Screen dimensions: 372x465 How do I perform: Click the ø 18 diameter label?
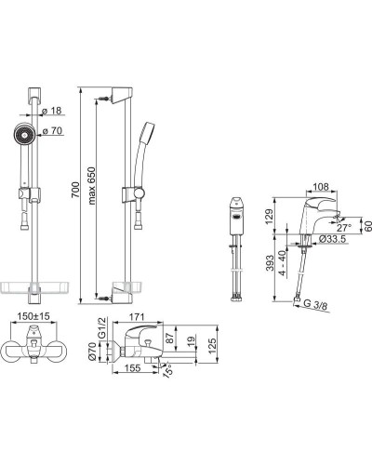click(52, 111)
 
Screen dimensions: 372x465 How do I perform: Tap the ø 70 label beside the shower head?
click(52, 131)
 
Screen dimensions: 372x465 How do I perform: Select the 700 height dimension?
click(75, 190)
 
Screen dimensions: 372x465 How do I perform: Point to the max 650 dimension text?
click(92, 186)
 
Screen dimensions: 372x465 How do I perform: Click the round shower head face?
click(24, 135)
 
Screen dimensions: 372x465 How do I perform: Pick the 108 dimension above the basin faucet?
click(321, 187)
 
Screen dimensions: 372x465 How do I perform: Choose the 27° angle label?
click(344, 228)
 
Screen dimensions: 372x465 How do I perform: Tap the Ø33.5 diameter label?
click(332, 239)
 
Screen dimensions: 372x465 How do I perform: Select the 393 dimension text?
click(270, 263)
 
